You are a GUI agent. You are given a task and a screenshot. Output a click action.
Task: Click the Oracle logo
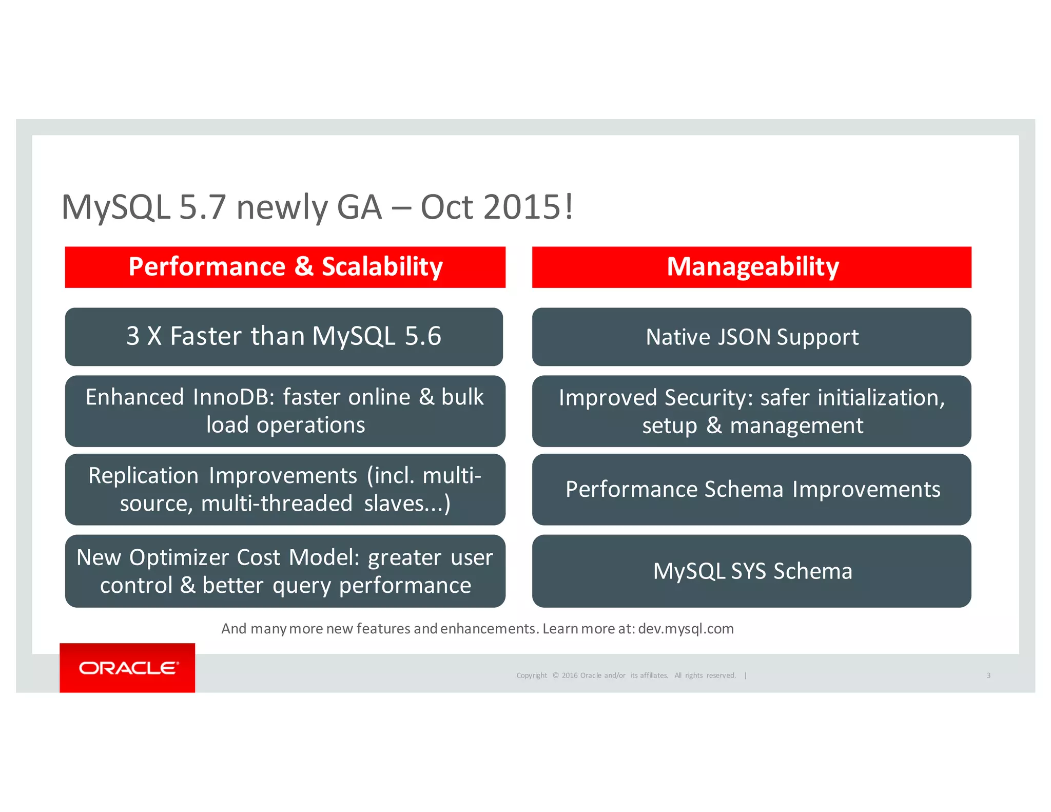[127, 668]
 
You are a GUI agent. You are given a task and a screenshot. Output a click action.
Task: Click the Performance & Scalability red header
[285, 267]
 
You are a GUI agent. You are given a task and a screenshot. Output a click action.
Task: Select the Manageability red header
[752, 267]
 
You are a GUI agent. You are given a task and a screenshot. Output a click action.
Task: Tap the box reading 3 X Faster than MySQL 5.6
[284, 337]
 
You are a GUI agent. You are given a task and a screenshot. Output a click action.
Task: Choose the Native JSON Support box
[752, 337]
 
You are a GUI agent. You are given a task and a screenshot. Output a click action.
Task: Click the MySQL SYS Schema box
[752, 571]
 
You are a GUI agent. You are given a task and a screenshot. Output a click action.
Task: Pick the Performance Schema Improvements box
[752, 489]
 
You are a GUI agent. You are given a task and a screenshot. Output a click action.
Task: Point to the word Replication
[143, 476]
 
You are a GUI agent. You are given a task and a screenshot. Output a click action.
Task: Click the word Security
[708, 398]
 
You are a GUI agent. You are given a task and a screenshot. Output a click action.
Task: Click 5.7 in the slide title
[203, 207]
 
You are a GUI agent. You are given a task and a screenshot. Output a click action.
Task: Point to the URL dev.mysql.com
[686, 629]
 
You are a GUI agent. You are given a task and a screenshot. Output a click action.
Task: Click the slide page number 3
[988, 675]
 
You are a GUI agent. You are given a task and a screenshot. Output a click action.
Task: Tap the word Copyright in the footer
[532, 675]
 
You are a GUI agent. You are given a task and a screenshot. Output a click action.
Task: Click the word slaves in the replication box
[393, 504]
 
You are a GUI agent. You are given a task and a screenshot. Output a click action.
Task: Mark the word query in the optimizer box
[301, 586]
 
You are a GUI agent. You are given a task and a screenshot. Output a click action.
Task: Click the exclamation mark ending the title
[569, 207]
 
